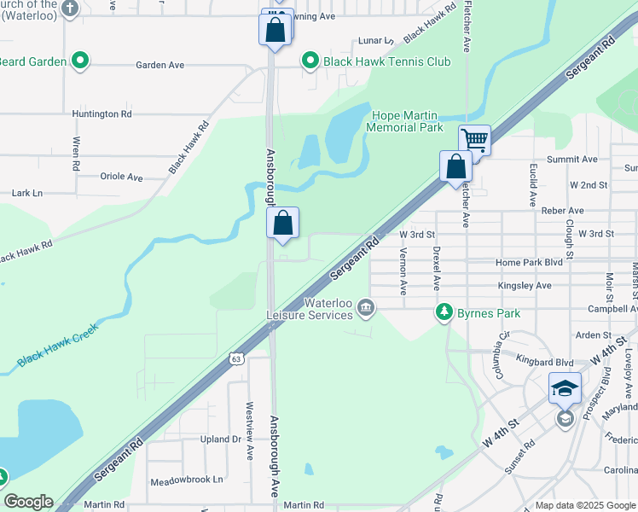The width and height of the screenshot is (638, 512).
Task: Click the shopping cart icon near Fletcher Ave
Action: click(x=474, y=140)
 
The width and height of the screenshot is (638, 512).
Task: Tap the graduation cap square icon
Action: click(x=565, y=389)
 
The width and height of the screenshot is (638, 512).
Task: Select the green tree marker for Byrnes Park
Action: click(x=444, y=313)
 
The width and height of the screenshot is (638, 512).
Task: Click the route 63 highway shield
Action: click(x=235, y=359)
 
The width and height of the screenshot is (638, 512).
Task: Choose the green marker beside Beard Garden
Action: click(x=79, y=61)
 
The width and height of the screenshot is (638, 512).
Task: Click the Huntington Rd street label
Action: click(x=101, y=113)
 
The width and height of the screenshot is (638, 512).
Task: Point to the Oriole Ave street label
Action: click(x=122, y=177)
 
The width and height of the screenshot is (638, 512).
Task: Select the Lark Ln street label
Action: click(x=26, y=194)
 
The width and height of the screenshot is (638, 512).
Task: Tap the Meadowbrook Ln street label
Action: click(x=186, y=480)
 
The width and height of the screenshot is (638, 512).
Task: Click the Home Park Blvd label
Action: click(x=530, y=263)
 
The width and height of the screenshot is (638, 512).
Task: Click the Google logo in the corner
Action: click(x=28, y=502)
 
